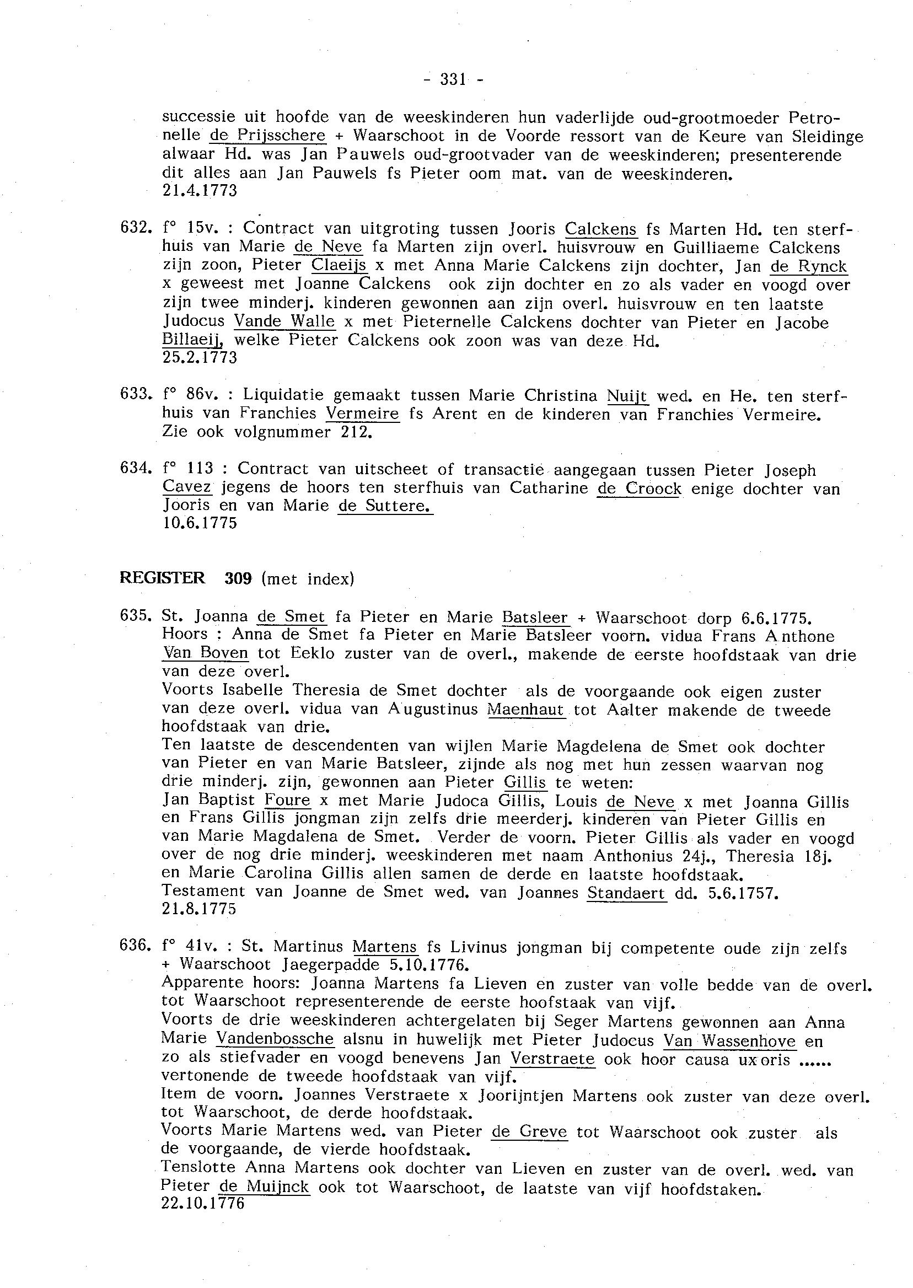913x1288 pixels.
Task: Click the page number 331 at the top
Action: pos(453,80)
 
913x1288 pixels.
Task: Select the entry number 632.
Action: pos(134,228)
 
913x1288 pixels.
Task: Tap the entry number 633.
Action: pos(134,395)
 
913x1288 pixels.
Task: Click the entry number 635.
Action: pos(134,617)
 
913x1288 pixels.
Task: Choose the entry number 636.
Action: pos(134,946)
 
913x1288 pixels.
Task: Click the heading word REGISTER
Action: pos(163,578)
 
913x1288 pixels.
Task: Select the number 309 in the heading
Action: pos(238,578)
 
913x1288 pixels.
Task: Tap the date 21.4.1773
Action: pos(200,191)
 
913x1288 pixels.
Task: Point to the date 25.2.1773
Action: pos(200,357)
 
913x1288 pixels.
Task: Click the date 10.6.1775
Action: pos(200,523)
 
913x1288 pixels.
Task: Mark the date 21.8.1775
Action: pos(200,909)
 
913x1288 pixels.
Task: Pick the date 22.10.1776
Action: pos(203,1204)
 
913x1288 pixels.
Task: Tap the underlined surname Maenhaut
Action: pos(525,710)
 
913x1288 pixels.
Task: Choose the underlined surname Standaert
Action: pos(626,893)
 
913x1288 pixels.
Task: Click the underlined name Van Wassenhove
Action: pos(729,1040)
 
